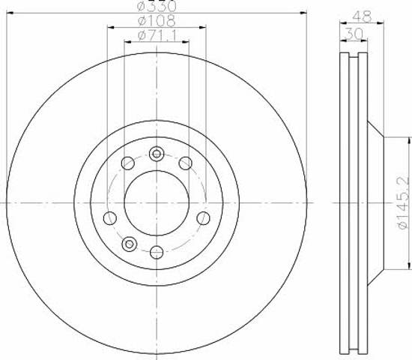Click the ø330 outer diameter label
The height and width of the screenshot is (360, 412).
click(x=157, y=6)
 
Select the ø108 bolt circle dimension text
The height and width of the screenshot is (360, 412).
click(x=157, y=21)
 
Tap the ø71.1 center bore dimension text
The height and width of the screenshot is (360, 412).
click(x=157, y=35)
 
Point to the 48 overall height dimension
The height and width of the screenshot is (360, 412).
click(x=362, y=16)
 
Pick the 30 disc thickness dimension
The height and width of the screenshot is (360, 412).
click(x=354, y=34)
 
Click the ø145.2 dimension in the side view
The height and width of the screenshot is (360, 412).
click(x=404, y=203)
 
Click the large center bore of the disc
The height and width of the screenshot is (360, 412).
click(x=157, y=203)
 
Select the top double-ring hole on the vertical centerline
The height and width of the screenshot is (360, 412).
click(x=157, y=154)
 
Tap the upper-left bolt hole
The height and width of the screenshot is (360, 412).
click(x=128, y=163)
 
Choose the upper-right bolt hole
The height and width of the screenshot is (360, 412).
click(x=186, y=163)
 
